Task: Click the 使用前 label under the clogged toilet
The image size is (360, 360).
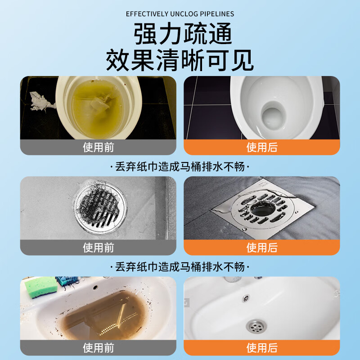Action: (x=98, y=147)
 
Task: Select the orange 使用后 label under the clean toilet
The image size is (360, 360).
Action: (x=261, y=147)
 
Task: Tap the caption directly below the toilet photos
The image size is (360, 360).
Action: (x=180, y=167)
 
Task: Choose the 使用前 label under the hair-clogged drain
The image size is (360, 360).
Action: (x=98, y=247)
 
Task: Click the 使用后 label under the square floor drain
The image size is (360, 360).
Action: (x=261, y=247)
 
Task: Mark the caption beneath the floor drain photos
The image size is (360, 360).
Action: (x=180, y=267)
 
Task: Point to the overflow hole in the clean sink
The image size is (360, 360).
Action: (x=246, y=297)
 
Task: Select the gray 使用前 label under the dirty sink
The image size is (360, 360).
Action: (x=98, y=348)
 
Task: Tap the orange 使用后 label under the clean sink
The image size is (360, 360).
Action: (x=261, y=348)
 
